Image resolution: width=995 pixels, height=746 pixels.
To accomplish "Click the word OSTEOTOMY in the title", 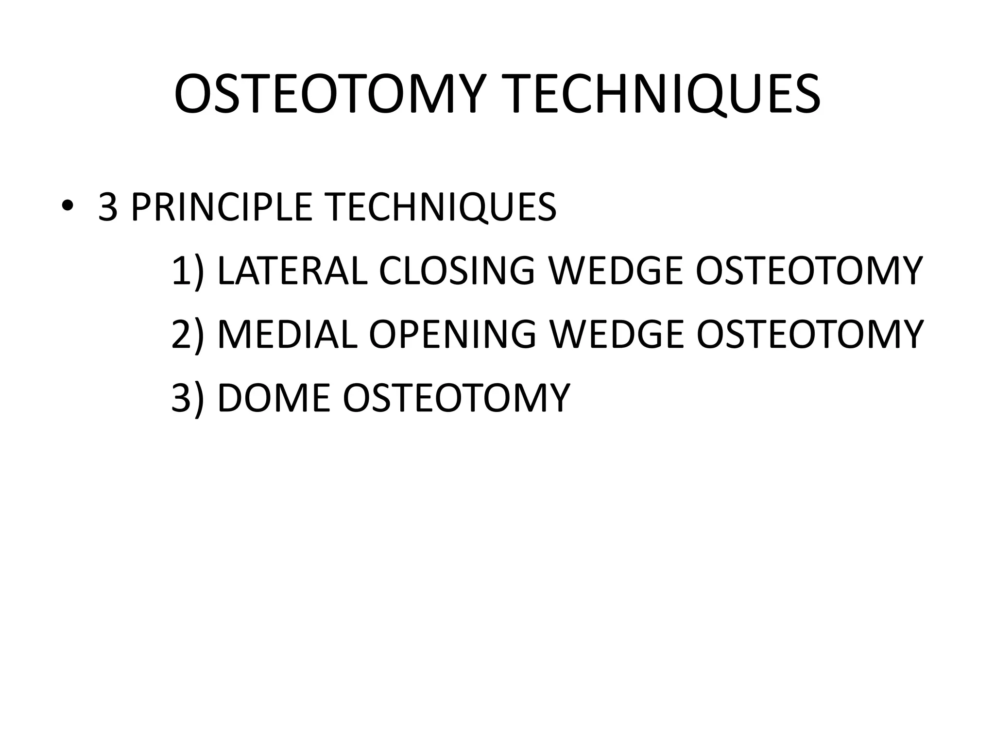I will point(330,95).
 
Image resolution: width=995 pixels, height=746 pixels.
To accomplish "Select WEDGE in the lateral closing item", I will point(615,271).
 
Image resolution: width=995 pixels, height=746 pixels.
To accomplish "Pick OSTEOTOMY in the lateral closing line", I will point(809,271).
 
